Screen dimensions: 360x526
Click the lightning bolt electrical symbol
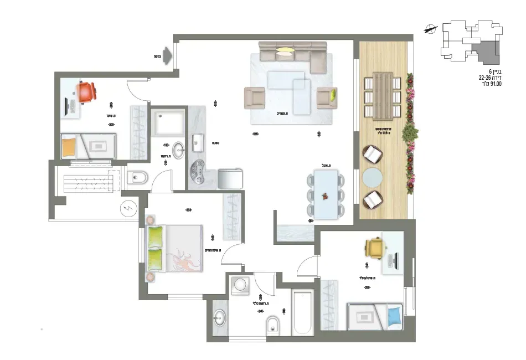[x=128, y=209]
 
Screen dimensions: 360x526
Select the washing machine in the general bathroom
[x=241, y=284]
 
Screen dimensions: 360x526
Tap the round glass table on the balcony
[x=372, y=178]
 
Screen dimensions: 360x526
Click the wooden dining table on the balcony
[x=381, y=95]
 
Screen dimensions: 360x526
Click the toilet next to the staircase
[x=136, y=178]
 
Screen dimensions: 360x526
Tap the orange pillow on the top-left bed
[x=69, y=147]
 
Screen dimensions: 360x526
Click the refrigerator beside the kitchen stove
[x=230, y=178]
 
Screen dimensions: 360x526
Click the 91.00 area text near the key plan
[x=492, y=84]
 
